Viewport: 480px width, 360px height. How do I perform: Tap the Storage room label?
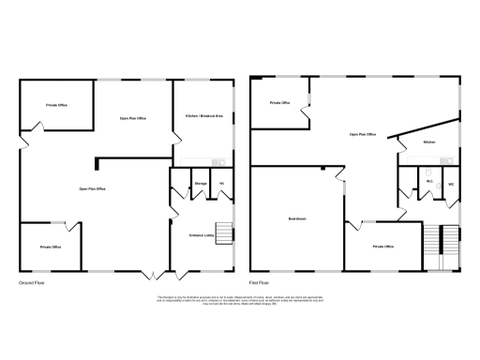coord(201,183)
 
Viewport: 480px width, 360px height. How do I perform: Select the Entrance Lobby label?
coord(202,234)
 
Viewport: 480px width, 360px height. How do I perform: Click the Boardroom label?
coord(298,220)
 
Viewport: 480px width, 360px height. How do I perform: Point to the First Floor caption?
coord(260,281)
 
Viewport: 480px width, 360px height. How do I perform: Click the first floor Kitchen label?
coord(429,142)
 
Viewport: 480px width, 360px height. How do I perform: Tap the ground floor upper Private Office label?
coord(56,106)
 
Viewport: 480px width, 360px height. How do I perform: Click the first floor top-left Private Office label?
coord(279,102)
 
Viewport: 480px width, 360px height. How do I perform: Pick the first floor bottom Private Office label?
coord(382,246)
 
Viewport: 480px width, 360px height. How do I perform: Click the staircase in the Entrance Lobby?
coord(225,234)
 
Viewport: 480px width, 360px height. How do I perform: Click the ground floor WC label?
coord(221,183)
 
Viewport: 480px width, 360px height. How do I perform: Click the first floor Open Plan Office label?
coord(362,135)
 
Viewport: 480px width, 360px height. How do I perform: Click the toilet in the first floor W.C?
coord(427,174)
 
